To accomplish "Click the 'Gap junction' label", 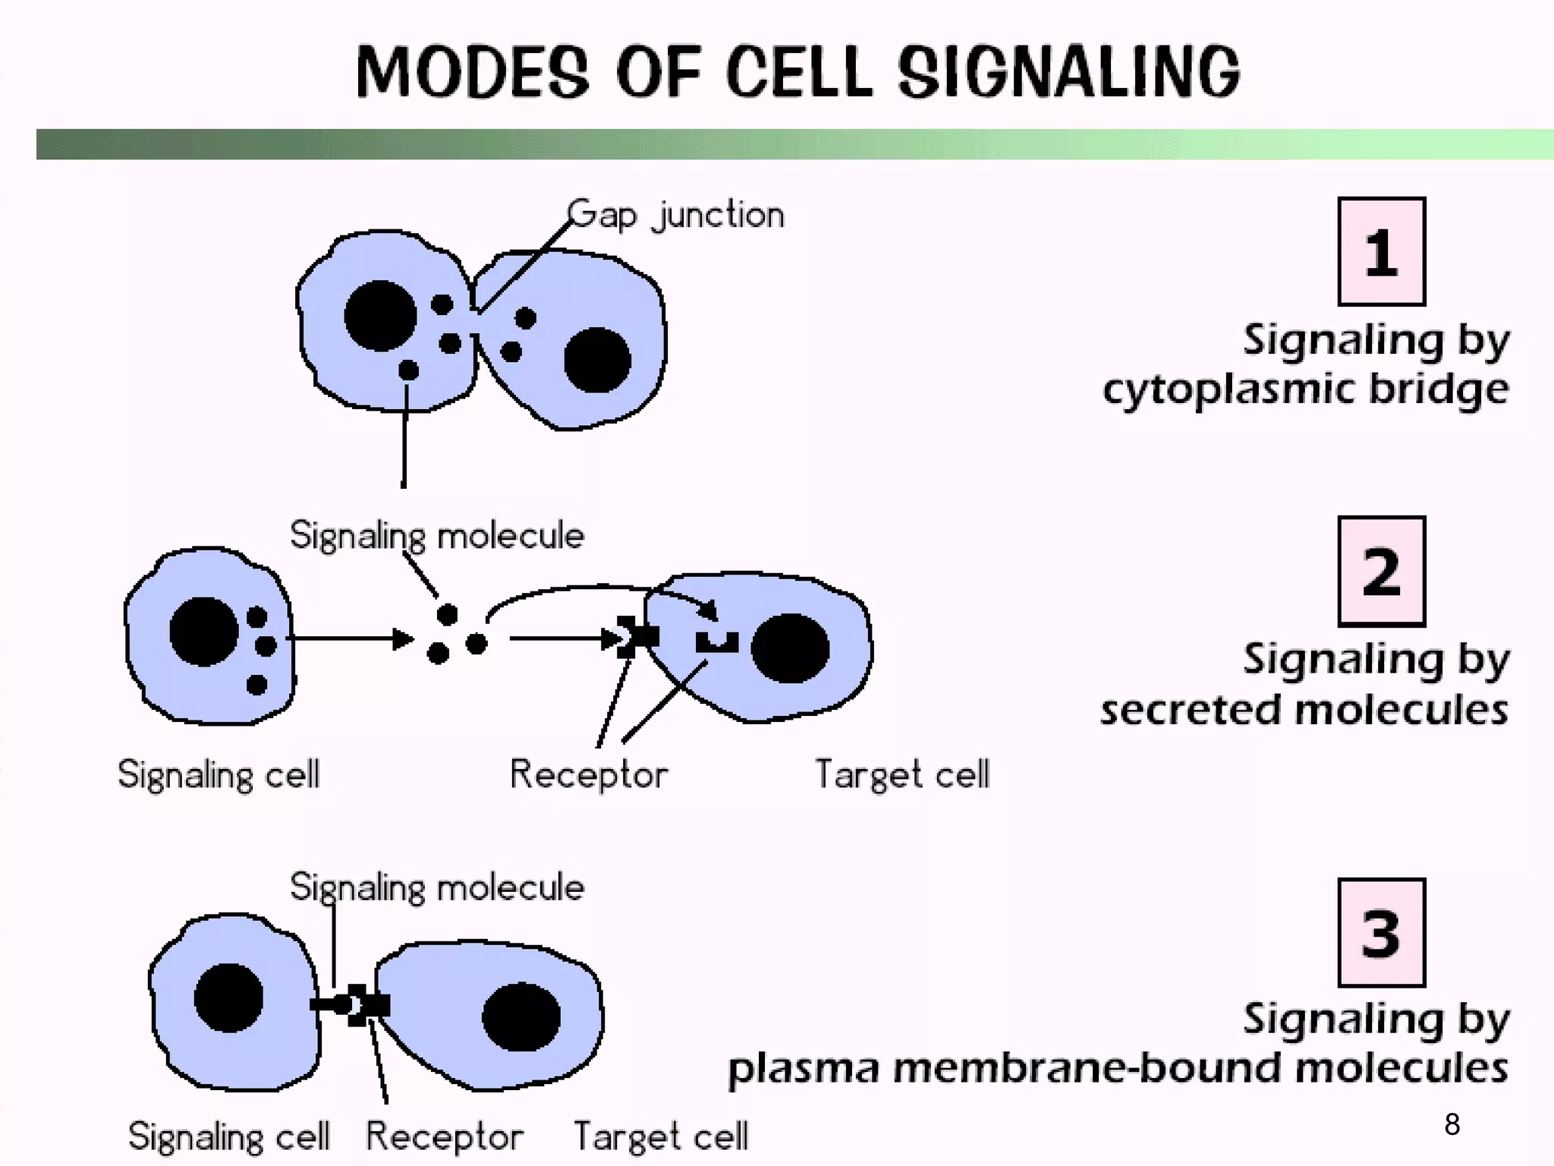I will (675, 215).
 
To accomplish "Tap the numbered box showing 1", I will (1381, 252).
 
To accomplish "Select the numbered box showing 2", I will (1381, 572).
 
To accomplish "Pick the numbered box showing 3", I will (1381, 933).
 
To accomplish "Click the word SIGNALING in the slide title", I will (1068, 72).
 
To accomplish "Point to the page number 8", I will (1452, 1124).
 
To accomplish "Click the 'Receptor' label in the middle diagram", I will (588, 774).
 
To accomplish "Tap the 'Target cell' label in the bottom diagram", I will (660, 1136).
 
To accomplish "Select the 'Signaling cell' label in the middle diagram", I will (219, 774).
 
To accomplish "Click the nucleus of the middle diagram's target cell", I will (790, 648).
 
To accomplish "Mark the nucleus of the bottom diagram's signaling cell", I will (228, 997).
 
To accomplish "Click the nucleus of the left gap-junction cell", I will (380, 316).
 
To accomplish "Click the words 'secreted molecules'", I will (1304, 711).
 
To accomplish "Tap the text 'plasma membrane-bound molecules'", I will (1117, 1068).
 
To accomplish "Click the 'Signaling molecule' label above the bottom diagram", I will (437, 887).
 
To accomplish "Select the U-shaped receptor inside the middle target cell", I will (716, 643).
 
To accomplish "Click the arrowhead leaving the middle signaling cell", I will (402, 639).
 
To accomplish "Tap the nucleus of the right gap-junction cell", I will (597, 360).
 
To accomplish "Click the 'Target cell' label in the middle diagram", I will (901, 774).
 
